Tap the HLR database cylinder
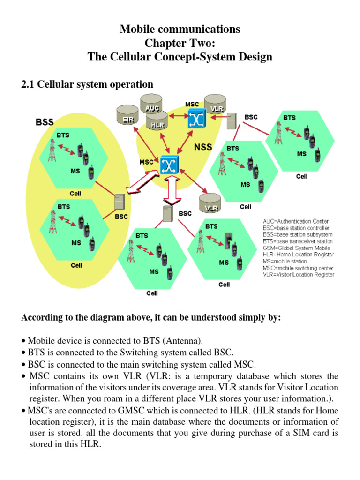(x=157, y=122)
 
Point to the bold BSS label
(x=47, y=122)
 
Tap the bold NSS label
(x=203, y=147)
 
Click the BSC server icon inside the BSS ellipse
(x=119, y=202)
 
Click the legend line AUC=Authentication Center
(x=295, y=221)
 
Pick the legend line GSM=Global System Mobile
(x=296, y=248)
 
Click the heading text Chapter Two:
(x=180, y=44)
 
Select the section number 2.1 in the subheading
(x=29, y=84)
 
